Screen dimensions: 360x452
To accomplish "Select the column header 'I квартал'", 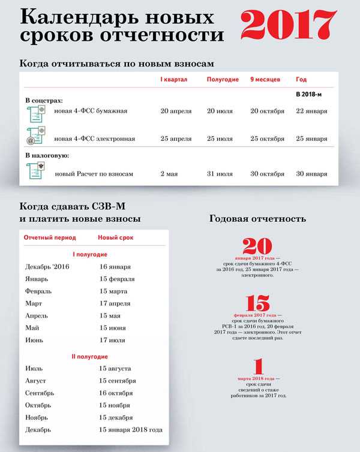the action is [174, 80].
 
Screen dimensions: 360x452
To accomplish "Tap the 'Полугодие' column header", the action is [223, 80].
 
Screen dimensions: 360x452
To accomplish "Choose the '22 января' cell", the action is [311, 112].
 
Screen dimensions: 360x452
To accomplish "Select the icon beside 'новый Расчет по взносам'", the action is [36, 173].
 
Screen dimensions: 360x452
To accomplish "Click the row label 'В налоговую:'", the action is [47, 156].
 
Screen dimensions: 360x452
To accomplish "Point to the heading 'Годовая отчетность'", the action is [257, 219].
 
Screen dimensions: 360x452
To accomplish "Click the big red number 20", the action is [257, 246].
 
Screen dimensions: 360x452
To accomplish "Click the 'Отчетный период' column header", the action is [50, 238].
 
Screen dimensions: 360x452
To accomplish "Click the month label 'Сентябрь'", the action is [40, 393].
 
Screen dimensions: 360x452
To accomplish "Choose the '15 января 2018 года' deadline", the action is [131, 430].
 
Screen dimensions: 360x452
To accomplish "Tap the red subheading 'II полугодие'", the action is [89, 357].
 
